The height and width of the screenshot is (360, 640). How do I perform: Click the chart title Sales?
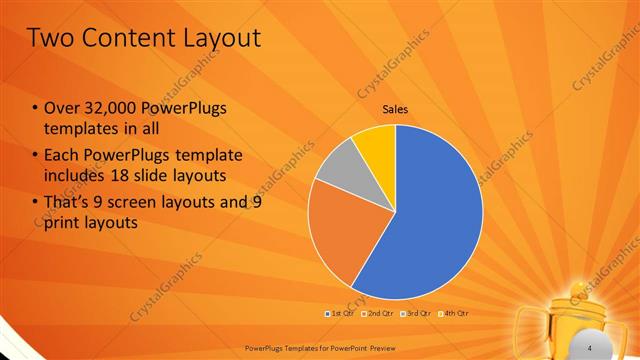coord(395,109)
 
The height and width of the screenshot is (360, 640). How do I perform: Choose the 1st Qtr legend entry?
coord(340,313)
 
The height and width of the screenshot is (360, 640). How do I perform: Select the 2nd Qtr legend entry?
coord(377,313)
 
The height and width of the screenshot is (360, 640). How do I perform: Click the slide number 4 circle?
coord(590,346)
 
